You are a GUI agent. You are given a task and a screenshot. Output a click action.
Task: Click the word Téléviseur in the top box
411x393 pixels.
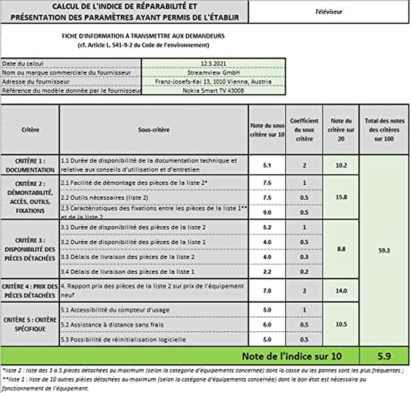point(328,12)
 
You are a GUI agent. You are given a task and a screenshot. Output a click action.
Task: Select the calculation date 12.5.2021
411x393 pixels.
point(213,64)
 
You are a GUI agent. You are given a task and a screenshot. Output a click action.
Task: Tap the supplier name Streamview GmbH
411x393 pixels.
point(213,72)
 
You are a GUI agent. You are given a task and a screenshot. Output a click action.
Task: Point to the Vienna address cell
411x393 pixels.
point(213,82)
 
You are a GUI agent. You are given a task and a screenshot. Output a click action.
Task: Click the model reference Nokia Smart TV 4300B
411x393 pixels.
point(213,90)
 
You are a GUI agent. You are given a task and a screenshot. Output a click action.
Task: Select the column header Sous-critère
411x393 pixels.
point(154,130)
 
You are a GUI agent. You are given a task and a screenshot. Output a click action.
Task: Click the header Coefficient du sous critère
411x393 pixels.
point(304,130)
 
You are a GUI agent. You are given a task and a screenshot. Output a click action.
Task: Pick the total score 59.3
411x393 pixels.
point(384,251)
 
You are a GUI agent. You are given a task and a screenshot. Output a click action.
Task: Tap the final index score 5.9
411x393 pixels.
point(384,356)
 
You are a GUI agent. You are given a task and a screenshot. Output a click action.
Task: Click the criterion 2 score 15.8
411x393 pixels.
point(341,197)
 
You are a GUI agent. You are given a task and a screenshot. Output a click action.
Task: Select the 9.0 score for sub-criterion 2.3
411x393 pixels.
point(267,212)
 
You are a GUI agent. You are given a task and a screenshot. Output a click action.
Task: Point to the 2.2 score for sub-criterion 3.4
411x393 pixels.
point(267,271)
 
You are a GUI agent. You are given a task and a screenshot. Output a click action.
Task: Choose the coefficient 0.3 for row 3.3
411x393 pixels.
point(304,257)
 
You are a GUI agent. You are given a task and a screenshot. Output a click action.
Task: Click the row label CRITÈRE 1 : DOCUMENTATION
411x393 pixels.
point(30,165)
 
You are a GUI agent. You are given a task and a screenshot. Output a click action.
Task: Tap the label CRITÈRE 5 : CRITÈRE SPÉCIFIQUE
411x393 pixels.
point(30,324)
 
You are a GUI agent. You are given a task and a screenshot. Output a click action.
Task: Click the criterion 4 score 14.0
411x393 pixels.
point(341,290)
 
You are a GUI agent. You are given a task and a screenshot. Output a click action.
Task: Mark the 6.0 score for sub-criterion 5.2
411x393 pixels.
point(267,325)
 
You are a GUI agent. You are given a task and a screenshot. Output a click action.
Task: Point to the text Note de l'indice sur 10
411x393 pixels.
point(291,356)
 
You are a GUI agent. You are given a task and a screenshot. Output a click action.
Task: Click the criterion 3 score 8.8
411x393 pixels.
point(341,249)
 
